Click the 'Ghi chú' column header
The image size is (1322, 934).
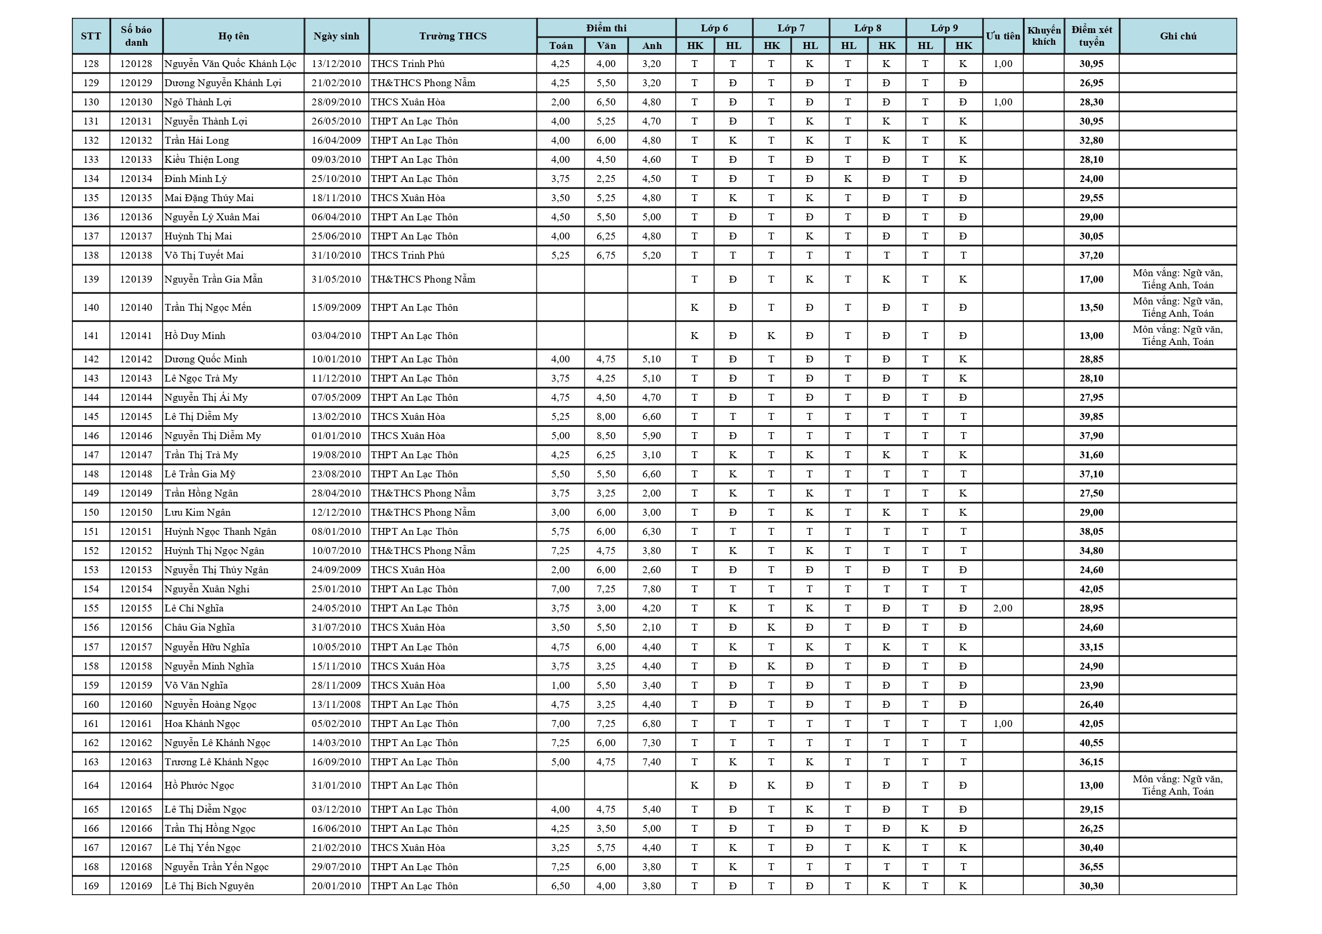coord(1178,36)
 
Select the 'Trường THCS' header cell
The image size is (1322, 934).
coord(453,36)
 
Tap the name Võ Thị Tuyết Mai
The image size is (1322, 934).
coord(204,255)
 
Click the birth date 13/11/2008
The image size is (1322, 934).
coord(336,705)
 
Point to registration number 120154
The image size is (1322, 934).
coord(136,589)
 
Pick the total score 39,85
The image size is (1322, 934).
coord(1091,417)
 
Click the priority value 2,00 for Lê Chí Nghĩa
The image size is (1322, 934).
coord(1002,608)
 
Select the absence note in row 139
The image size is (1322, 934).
coord(1178,279)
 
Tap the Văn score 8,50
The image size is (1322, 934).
coord(606,436)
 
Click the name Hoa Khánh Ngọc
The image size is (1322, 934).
coord(202,724)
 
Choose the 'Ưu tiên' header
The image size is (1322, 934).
coord(1002,36)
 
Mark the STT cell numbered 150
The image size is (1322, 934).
coord(91,513)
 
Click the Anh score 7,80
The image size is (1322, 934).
coord(651,589)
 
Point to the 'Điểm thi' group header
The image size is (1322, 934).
coord(606,28)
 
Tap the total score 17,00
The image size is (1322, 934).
coord(1091,279)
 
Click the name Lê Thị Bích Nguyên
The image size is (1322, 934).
coord(209,886)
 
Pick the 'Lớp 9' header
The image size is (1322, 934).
coord(944,28)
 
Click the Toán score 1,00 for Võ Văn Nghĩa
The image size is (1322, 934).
coord(560,685)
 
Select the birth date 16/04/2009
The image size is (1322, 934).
coord(336,140)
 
